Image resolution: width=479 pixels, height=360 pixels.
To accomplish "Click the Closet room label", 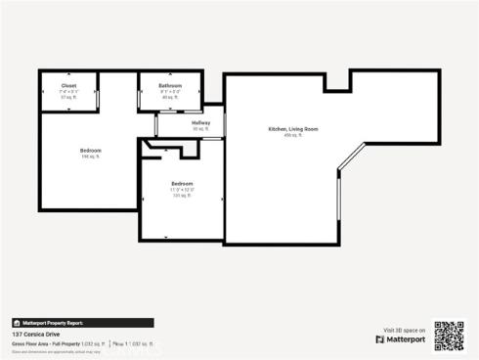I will (x=55, y=86).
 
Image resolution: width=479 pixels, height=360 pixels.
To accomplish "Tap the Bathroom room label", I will (x=170, y=86).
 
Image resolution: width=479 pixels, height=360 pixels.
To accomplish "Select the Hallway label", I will (x=200, y=122).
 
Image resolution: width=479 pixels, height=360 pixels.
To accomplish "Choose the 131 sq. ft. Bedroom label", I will (x=182, y=184).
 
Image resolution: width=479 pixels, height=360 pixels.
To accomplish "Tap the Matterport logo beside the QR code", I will (x=400, y=339).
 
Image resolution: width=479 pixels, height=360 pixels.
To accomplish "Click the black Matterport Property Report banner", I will (x=82, y=322).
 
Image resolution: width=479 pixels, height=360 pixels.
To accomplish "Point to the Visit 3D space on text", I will (x=404, y=330).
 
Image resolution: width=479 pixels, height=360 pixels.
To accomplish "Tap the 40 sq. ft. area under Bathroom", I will (x=170, y=98).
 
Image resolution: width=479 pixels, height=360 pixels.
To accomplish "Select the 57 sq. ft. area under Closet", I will (x=55, y=98).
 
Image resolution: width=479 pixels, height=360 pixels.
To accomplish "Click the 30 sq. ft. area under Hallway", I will (x=200, y=129).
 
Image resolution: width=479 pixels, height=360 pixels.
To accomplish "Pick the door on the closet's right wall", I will (x=99, y=93).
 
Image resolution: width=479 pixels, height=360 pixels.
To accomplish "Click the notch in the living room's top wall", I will (x=336, y=82).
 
